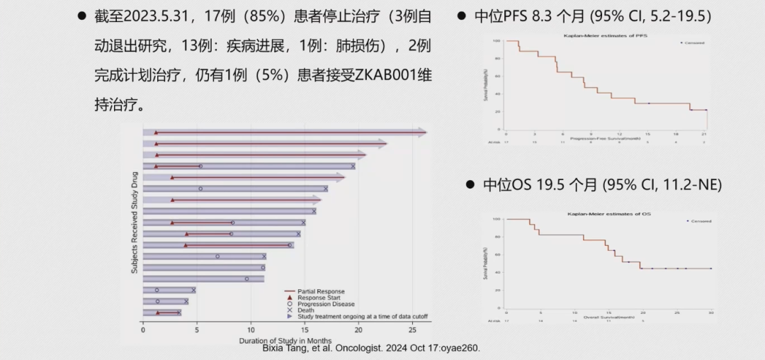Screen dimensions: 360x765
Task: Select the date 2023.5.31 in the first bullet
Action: (x=153, y=16)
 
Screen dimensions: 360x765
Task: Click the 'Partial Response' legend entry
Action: (x=321, y=291)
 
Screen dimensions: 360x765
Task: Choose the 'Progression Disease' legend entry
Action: (x=326, y=304)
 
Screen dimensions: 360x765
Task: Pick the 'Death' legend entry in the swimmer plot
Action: (x=306, y=310)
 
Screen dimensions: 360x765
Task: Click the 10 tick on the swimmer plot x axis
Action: (x=251, y=329)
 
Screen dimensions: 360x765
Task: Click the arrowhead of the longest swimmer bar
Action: (x=422, y=133)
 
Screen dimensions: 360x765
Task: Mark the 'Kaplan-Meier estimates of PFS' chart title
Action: (x=605, y=35)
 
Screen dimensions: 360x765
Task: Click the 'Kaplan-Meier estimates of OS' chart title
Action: (x=608, y=213)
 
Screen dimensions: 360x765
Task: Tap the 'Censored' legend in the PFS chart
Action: (x=692, y=43)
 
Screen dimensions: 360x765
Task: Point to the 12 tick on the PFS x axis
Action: (x=619, y=134)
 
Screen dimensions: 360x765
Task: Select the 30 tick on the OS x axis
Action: (x=710, y=313)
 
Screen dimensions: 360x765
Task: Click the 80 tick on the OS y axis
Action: (x=498, y=235)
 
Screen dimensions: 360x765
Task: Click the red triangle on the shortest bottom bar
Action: (x=158, y=313)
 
